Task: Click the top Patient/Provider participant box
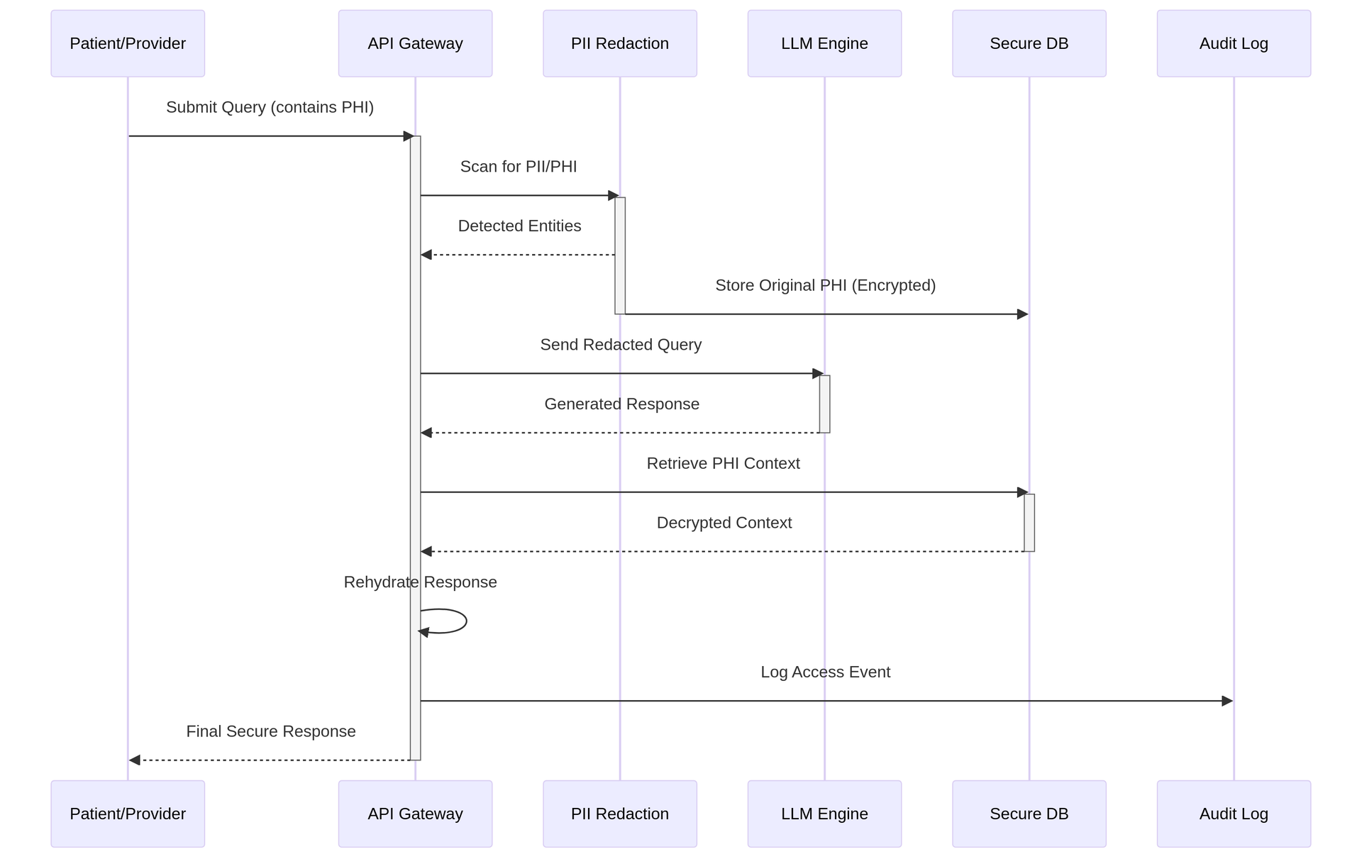coord(128,43)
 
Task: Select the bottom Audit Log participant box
coord(1233,814)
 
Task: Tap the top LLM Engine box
coord(824,43)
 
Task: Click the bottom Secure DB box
coord(1029,814)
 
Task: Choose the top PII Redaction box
coord(619,43)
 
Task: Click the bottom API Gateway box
coord(415,814)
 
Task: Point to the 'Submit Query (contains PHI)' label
coord(270,107)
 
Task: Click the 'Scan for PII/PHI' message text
coord(519,167)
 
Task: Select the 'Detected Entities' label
coord(519,226)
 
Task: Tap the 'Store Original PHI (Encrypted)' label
coord(825,285)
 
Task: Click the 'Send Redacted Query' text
coord(621,345)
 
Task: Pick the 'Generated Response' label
coord(621,404)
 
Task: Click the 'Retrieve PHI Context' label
coord(723,463)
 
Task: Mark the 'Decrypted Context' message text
coord(724,523)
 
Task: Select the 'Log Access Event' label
coord(825,672)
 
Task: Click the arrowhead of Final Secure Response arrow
coord(135,760)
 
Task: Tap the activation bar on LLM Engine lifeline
coord(824,404)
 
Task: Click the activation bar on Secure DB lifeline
coord(1029,523)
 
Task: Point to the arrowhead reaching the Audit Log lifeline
coord(1227,701)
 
